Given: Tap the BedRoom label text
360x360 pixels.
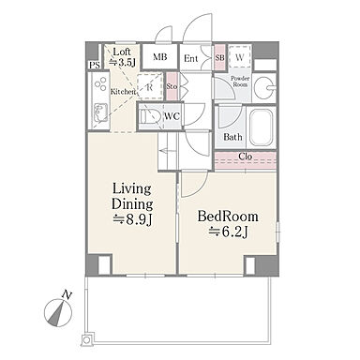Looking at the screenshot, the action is pyautogui.click(x=228, y=217).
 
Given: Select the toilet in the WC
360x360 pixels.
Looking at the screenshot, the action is pyautogui.click(x=150, y=117).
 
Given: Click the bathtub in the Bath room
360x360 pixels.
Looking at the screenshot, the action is pyautogui.click(x=262, y=127).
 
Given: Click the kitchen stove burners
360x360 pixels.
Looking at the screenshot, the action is pyautogui.click(x=101, y=83).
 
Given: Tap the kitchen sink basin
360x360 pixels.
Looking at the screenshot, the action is pyautogui.click(x=100, y=112).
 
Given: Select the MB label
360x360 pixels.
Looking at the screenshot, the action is pyautogui.click(x=160, y=57).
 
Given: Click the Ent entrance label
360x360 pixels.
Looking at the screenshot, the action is pyautogui.click(x=190, y=58).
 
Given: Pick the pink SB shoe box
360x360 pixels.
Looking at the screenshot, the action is pyautogui.click(x=219, y=58).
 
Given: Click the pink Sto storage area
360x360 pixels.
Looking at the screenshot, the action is pyautogui.click(x=172, y=86).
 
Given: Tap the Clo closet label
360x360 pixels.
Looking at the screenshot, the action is pyautogui.click(x=246, y=157).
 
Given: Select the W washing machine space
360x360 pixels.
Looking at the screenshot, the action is pyautogui.click(x=240, y=57).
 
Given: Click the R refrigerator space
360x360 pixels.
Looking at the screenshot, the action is pyautogui.click(x=150, y=87).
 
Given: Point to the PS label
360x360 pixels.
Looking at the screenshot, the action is pyautogui.click(x=95, y=66).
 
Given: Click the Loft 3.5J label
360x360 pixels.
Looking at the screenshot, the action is pyautogui.click(x=122, y=57).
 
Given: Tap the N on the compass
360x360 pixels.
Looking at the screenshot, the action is pyautogui.click(x=67, y=294).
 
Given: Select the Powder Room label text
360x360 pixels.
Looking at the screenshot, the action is pyautogui.click(x=240, y=82).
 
